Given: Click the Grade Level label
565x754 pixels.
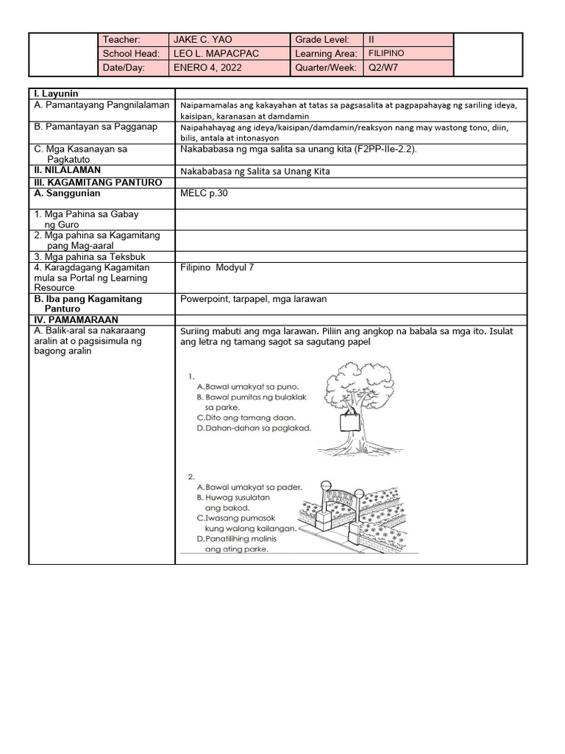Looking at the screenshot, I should point(322,40).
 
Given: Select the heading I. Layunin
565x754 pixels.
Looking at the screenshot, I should point(56,94).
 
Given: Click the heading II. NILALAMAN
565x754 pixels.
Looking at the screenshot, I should point(67,170).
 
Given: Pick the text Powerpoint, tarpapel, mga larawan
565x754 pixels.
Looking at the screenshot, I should point(253,299).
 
